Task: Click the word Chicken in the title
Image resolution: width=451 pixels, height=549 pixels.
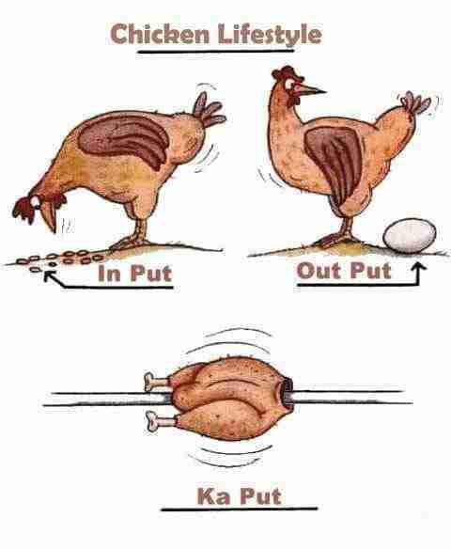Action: click(x=160, y=34)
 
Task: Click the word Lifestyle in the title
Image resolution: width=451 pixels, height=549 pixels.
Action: click(x=270, y=35)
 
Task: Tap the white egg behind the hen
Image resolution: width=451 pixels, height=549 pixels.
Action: click(x=410, y=236)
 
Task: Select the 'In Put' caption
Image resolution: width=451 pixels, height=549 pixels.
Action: click(x=135, y=274)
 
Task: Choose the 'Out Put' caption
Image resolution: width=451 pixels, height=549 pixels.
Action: click(x=344, y=271)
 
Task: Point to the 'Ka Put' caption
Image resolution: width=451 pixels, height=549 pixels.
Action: click(x=240, y=495)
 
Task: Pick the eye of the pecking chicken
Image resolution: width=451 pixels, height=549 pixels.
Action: click(x=36, y=200)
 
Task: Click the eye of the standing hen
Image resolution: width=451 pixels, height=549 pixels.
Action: click(x=289, y=84)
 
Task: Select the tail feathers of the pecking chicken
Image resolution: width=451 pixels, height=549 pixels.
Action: click(x=209, y=110)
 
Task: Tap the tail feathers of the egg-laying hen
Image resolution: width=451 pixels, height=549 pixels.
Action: click(x=415, y=102)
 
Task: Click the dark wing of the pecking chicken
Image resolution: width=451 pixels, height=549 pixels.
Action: click(x=124, y=138)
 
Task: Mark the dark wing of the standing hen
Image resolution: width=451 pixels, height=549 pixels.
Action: click(x=335, y=164)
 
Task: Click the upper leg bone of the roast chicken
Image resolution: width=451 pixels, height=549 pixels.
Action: click(x=158, y=382)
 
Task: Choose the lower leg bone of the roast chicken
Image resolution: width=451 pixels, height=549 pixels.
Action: click(x=160, y=420)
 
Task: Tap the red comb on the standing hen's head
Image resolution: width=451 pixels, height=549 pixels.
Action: click(x=284, y=72)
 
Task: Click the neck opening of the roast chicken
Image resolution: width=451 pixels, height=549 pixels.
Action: click(x=287, y=393)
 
